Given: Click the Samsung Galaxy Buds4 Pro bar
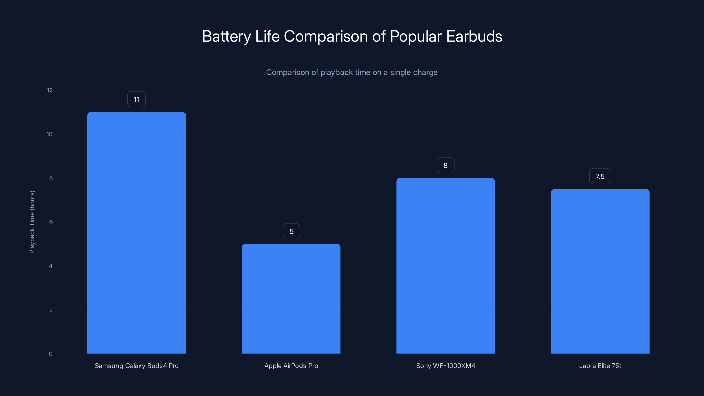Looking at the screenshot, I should (x=136, y=233).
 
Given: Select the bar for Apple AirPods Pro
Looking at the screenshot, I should (x=291, y=299).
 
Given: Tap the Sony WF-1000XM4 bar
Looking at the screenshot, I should (x=445, y=266).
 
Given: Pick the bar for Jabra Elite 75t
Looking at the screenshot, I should (x=600, y=271).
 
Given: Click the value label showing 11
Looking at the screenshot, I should (x=136, y=99).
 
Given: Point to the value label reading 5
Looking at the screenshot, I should (x=291, y=231).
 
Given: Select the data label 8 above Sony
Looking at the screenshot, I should (x=445, y=165).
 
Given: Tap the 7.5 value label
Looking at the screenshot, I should (x=600, y=176).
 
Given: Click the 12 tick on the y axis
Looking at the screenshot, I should (x=50, y=90).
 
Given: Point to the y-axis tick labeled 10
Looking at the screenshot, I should (x=49, y=134).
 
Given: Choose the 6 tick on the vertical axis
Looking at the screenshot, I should (x=51, y=222).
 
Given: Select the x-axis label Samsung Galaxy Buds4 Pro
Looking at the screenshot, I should (x=136, y=366).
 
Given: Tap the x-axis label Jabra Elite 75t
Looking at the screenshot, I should (x=600, y=366).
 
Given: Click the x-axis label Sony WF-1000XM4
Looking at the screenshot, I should (x=445, y=366).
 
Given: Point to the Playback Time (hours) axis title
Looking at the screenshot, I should (x=32, y=222).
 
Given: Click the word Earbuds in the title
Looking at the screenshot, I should (x=474, y=36).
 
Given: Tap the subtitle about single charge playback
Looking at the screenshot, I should (x=352, y=72).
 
